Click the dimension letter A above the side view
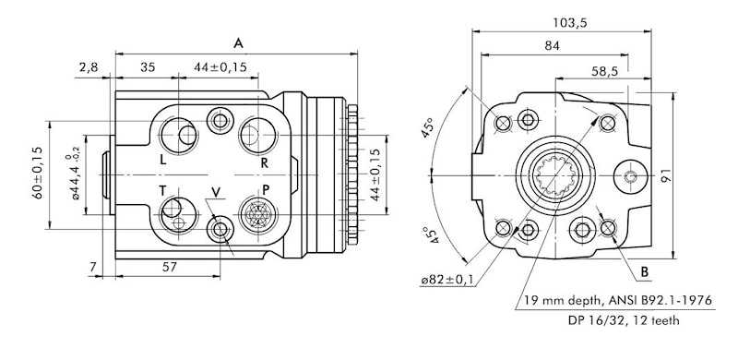pyautogui.click(x=239, y=43)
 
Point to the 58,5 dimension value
pyautogui.click(x=604, y=71)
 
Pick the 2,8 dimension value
pyautogui.click(x=89, y=67)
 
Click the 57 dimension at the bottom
pyautogui.click(x=170, y=267)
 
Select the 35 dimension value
pyautogui.click(x=148, y=67)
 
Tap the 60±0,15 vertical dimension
pyautogui.click(x=38, y=173)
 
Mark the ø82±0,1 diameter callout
pyautogui.click(x=447, y=281)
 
